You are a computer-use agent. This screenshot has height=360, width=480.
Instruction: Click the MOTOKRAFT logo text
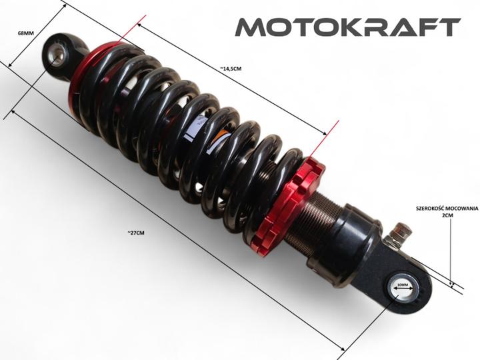pyautogui.click(x=348, y=27)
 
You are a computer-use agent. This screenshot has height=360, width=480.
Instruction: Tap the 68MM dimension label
pyautogui.click(x=26, y=33)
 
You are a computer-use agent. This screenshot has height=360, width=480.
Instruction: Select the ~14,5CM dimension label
pyautogui.click(x=231, y=69)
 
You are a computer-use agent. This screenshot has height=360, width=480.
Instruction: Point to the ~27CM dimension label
pyautogui.click(x=136, y=233)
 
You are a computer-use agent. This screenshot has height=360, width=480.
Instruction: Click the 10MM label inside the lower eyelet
pyautogui.click(x=403, y=285)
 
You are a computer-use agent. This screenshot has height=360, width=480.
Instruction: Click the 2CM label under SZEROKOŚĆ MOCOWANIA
pyautogui.click(x=447, y=215)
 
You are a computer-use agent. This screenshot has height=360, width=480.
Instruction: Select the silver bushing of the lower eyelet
pyautogui.click(x=403, y=287)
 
